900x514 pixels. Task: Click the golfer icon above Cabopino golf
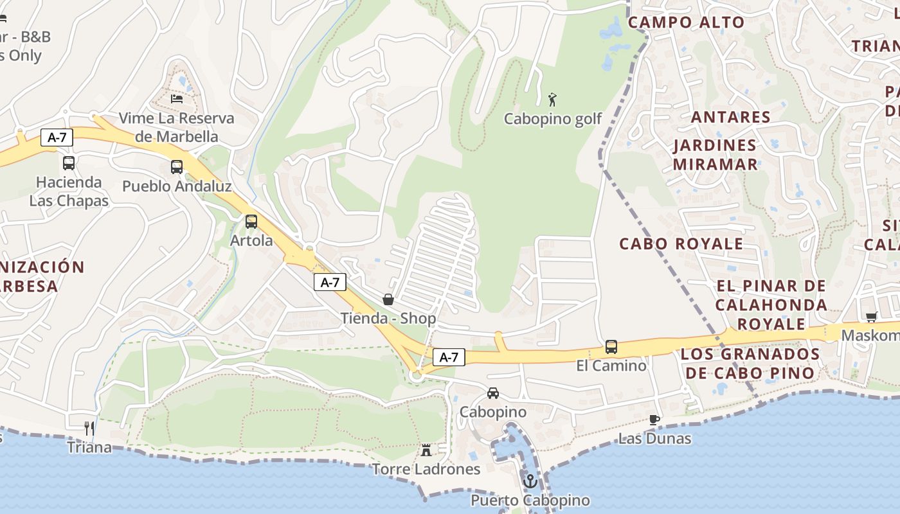click(x=552, y=100)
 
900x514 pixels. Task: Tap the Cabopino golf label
click(x=553, y=119)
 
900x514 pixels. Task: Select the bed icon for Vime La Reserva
click(x=177, y=99)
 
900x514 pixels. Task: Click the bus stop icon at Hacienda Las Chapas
click(x=69, y=163)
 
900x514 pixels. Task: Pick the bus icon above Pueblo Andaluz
click(x=177, y=167)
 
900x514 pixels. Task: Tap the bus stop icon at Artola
click(x=251, y=222)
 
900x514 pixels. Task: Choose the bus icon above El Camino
click(x=611, y=347)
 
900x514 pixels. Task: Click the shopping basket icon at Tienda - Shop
click(x=388, y=299)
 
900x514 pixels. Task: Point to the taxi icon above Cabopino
click(x=493, y=393)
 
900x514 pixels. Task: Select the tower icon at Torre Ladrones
click(x=426, y=450)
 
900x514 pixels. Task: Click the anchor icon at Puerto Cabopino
click(x=530, y=481)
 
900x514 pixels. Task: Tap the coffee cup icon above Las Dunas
click(x=654, y=420)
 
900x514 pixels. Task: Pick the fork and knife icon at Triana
click(x=89, y=428)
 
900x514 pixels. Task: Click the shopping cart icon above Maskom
click(x=872, y=317)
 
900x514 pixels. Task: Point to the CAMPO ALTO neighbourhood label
click(x=686, y=22)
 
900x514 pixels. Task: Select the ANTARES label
click(x=730, y=117)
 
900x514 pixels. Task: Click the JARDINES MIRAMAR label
click(x=715, y=154)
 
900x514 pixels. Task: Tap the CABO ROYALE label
click(x=681, y=244)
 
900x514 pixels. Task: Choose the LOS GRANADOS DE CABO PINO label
click(x=750, y=363)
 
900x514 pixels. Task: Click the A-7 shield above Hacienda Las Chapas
click(x=57, y=137)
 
